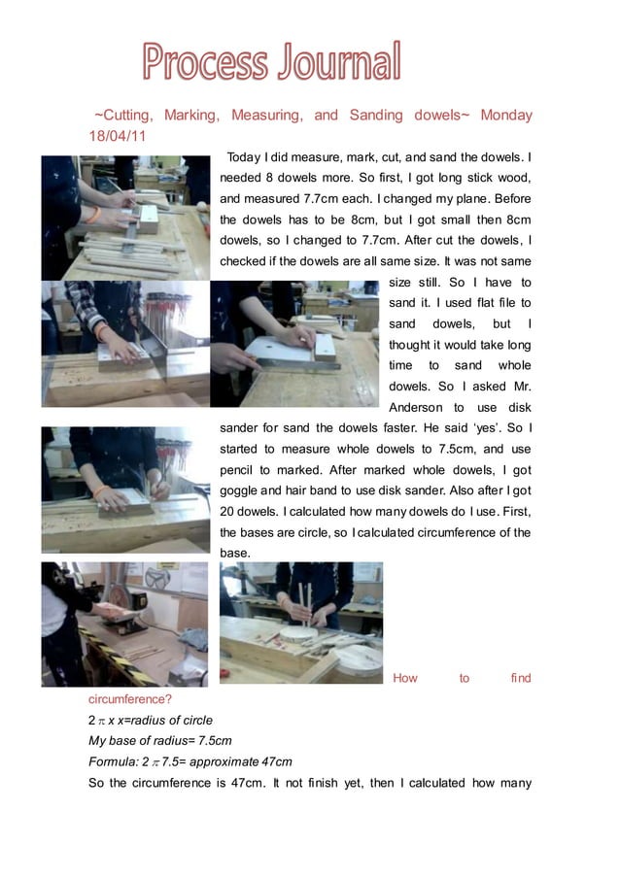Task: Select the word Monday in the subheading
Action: pos(506,116)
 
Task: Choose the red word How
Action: pos(405,678)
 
